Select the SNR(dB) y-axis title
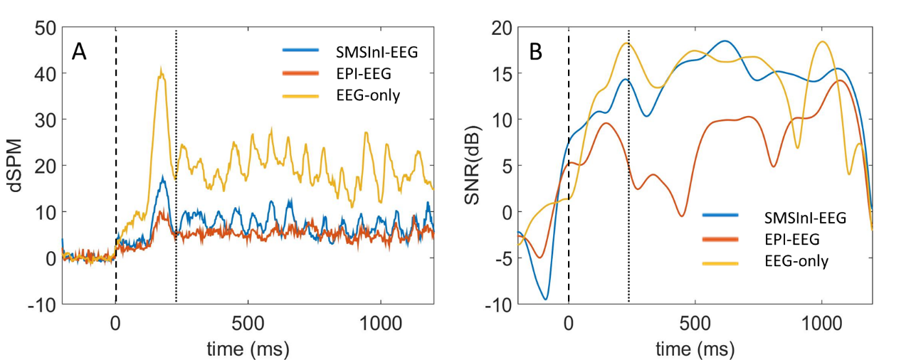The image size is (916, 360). click(x=475, y=167)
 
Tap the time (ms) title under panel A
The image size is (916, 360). click(x=248, y=349)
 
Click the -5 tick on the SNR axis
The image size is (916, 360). click(x=501, y=258)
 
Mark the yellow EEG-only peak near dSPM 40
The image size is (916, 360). click(x=162, y=70)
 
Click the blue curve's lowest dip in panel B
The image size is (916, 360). click(x=546, y=299)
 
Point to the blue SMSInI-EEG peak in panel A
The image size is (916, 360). click(x=163, y=179)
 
